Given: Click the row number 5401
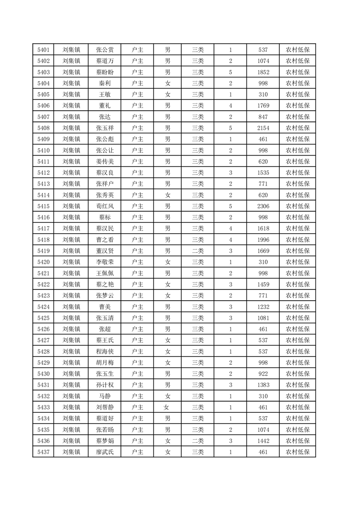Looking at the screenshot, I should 43,50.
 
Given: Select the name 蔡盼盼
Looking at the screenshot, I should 105,72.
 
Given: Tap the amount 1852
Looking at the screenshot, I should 263,72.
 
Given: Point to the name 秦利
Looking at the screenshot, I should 105,83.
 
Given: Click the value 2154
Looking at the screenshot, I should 263,128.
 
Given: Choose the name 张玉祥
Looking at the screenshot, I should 105,128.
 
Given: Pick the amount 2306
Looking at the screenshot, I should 263,206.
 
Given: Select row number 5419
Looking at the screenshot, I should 43,250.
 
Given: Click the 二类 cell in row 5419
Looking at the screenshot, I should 197,250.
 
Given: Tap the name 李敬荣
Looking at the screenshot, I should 105,262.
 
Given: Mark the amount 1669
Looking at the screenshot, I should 263,250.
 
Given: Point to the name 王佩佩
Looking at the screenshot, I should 105,273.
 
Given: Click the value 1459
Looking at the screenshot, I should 263,284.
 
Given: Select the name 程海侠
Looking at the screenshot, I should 105,351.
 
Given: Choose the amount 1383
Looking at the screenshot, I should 263,385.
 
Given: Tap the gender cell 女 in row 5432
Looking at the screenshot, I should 168,396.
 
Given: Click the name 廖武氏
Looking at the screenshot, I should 105,451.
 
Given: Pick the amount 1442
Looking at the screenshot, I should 263,440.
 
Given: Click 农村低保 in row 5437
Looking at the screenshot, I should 297,451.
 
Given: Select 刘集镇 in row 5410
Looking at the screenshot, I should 71,150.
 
